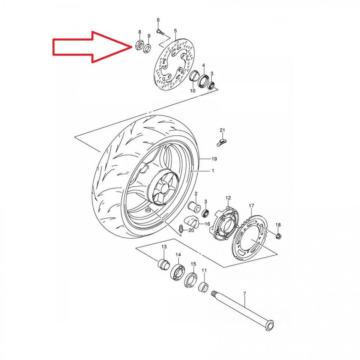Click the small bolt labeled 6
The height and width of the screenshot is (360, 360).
[x=160, y=32]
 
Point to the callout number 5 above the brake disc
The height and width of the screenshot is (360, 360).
[x=175, y=30]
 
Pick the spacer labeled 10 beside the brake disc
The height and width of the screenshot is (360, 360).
[x=194, y=77]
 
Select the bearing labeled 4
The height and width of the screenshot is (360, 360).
[x=204, y=80]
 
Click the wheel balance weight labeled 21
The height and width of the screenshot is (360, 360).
[x=222, y=141]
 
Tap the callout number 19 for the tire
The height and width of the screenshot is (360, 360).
[x=214, y=159]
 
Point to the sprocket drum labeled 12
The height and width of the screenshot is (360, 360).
[x=226, y=222]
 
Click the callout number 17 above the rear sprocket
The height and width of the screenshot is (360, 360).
[x=251, y=205]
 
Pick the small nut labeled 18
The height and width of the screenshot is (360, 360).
[x=278, y=236]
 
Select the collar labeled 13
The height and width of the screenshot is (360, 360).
[x=162, y=263]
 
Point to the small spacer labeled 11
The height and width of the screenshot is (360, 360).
[x=204, y=287]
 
